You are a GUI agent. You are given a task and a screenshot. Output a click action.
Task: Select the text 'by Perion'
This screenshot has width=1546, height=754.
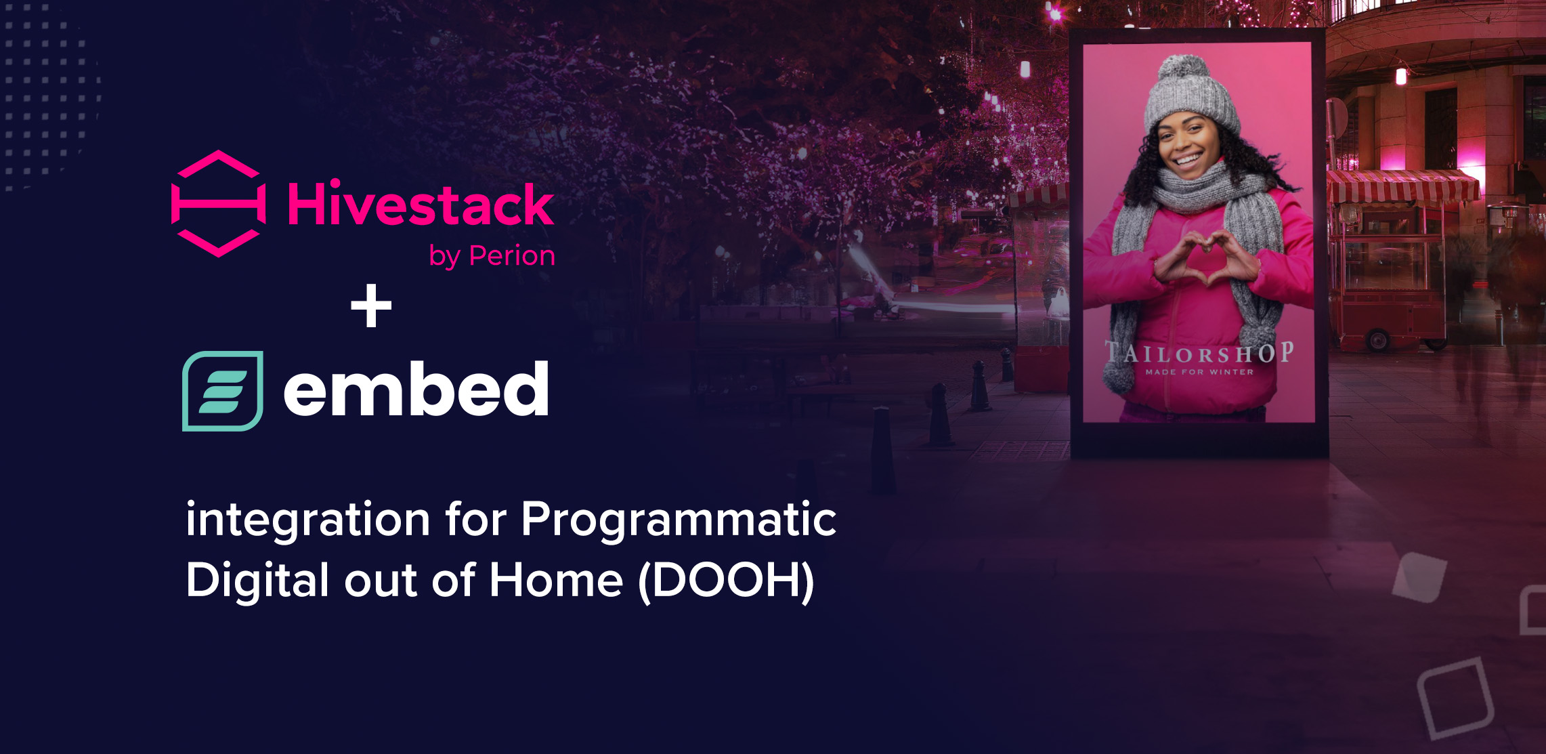click(492, 256)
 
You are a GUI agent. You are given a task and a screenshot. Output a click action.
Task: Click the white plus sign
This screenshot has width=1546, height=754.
click(371, 306)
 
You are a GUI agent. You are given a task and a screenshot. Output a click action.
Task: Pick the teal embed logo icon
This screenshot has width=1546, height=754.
click(223, 391)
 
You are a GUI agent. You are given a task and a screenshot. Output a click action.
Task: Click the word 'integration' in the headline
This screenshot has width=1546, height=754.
click(308, 520)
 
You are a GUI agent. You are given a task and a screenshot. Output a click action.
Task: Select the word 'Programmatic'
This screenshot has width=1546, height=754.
click(679, 520)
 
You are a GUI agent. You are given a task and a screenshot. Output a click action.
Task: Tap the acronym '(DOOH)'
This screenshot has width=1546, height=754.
click(727, 581)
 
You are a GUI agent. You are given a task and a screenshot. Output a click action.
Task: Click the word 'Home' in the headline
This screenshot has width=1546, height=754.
click(556, 581)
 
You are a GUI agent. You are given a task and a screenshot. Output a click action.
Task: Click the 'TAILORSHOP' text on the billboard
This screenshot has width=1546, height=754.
click(1199, 353)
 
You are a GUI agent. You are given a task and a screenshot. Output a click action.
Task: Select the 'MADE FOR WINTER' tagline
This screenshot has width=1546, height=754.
click(1199, 372)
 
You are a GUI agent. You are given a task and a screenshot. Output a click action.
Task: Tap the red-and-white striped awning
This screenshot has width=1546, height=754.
click(1402, 187)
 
